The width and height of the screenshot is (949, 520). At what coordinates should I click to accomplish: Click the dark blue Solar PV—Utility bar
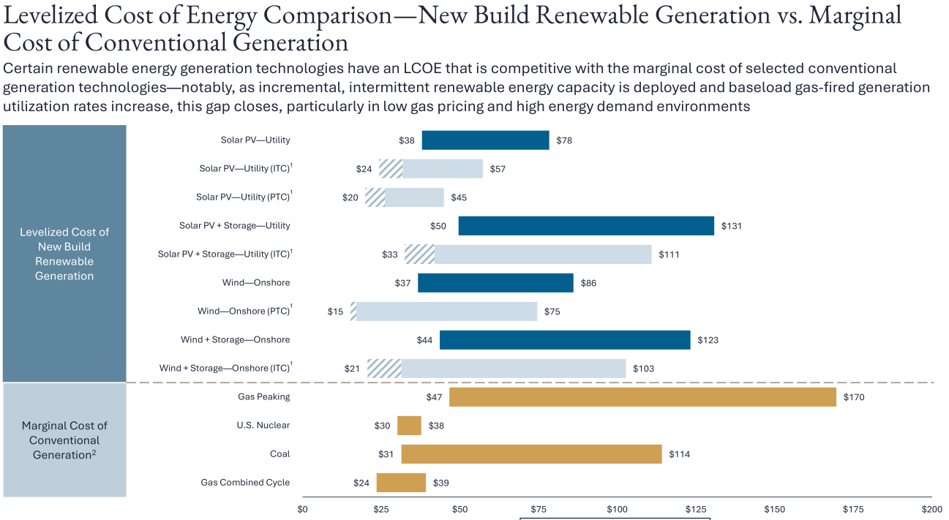click(x=485, y=140)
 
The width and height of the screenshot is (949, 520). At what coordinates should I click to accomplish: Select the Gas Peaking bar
click(x=642, y=397)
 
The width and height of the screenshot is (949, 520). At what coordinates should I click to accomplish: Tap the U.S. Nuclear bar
click(x=409, y=426)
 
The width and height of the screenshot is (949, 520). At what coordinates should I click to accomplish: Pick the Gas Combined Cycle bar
click(x=401, y=483)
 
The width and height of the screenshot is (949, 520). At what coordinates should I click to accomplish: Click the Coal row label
click(x=280, y=454)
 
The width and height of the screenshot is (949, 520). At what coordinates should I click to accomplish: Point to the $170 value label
click(x=853, y=397)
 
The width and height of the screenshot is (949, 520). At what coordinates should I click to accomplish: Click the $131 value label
click(x=732, y=226)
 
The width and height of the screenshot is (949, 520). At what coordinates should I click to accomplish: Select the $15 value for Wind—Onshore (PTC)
click(x=335, y=312)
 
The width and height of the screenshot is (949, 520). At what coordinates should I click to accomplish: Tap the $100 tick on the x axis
click(x=617, y=509)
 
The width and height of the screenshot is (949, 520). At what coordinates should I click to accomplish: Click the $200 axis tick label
click(x=931, y=509)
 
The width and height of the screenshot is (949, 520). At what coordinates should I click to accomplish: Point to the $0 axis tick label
click(x=302, y=509)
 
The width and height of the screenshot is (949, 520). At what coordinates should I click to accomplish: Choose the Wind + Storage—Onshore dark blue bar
click(x=565, y=340)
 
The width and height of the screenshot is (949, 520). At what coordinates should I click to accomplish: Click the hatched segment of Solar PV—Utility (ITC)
click(x=391, y=169)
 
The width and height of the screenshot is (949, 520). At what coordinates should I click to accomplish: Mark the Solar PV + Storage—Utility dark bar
click(x=586, y=226)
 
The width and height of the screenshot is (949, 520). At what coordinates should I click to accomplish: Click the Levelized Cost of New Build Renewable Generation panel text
click(x=64, y=254)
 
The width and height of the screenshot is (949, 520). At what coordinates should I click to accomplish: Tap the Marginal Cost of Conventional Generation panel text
click(x=64, y=440)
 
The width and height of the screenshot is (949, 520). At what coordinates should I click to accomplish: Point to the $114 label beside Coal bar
click(x=679, y=454)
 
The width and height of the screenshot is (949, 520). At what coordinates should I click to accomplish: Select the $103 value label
click(x=643, y=369)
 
